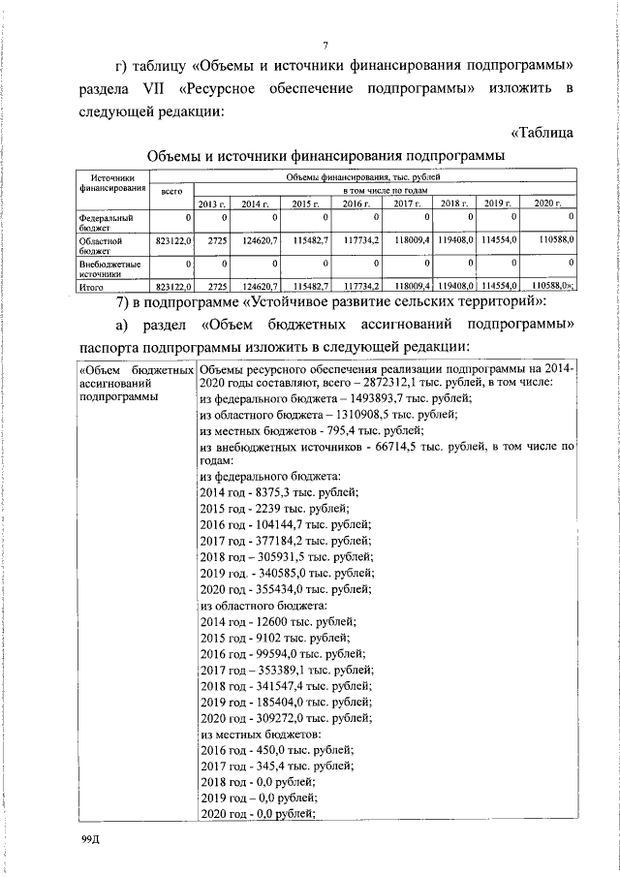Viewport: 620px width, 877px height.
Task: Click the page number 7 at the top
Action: pos(326,44)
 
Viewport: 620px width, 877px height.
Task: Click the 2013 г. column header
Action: pos(211,203)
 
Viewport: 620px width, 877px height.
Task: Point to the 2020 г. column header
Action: pos(547,203)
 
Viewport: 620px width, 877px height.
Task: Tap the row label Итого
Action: pos(92,287)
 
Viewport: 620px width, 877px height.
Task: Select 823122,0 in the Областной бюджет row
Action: pos(175,238)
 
